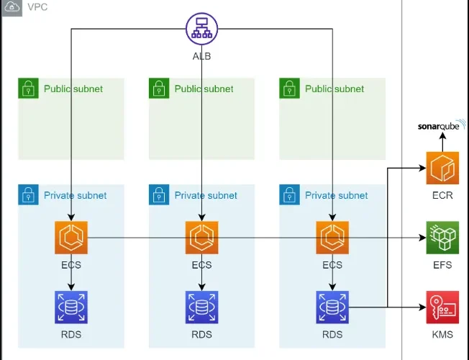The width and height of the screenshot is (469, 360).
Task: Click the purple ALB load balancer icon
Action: (201, 29)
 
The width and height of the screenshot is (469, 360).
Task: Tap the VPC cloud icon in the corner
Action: (12, 6)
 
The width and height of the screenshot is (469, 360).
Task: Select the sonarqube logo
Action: (442, 125)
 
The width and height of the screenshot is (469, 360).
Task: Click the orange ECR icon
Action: (442, 168)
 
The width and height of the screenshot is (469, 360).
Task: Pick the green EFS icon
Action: (442, 238)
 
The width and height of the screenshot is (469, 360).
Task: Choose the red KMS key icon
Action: (442, 307)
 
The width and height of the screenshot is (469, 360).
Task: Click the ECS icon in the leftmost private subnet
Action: (71, 238)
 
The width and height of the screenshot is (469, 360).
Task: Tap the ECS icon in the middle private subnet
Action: (201, 238)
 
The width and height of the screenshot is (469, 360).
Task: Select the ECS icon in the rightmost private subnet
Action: (332, 238)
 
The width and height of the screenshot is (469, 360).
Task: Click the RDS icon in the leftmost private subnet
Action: (71, 307)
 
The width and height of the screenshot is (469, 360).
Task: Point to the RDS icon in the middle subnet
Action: (201, 307)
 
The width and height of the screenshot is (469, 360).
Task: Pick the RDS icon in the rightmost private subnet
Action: (332, 307)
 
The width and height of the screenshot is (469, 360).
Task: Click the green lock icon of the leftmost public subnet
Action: (29, 88)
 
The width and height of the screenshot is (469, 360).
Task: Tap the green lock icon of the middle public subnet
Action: (159, 88)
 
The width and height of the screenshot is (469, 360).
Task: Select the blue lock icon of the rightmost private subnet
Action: (290, 194)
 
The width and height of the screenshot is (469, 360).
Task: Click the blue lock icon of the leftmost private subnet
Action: (29, 194)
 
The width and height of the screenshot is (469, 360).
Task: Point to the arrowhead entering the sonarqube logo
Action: (442, 135)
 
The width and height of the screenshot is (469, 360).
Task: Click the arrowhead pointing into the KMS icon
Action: (422, 307)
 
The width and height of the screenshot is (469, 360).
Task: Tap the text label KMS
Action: (442, 334)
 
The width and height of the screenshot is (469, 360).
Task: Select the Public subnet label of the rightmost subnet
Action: (334, 89)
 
